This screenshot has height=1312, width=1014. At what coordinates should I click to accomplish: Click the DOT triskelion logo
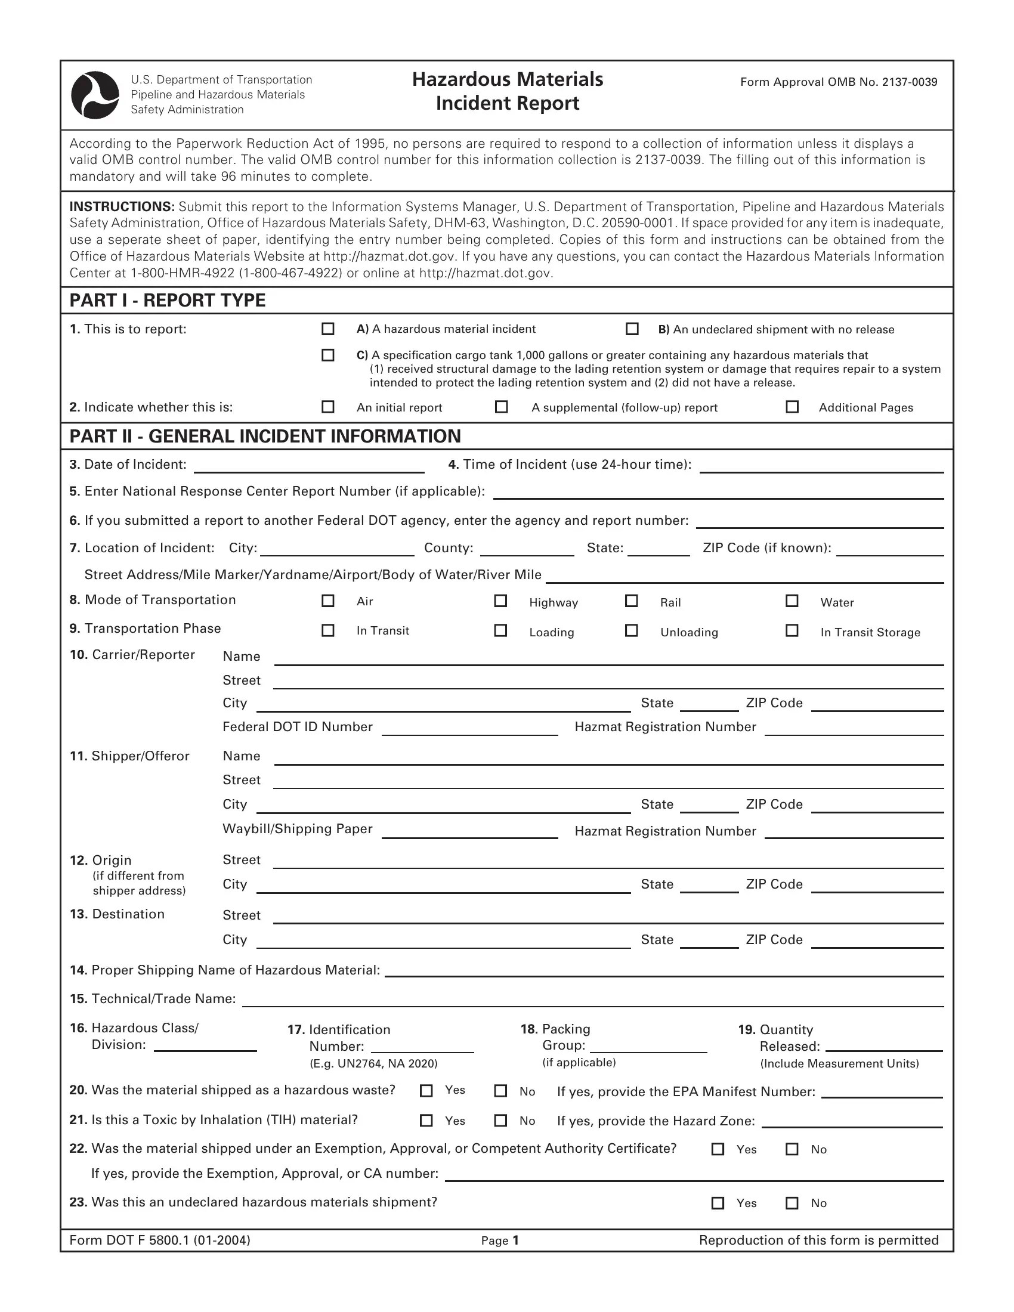(95, 95)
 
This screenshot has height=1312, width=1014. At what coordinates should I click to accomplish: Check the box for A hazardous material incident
(328, 329)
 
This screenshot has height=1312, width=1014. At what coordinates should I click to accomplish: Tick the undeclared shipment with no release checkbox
(632, 329)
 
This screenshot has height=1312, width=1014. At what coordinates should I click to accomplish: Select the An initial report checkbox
(328, 407)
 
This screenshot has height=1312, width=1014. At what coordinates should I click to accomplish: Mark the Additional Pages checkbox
(792, 407)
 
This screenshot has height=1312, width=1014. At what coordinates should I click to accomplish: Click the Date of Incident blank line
(309, 466)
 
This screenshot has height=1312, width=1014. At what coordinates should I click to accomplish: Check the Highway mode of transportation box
(500, 601)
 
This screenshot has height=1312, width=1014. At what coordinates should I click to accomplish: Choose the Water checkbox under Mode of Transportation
(792, 601)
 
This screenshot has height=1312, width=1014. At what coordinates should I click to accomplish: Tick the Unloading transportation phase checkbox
(631, 630)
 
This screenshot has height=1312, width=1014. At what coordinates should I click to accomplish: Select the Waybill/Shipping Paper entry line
(470, 831)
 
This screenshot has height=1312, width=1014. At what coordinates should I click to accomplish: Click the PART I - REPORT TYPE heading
(168, 301)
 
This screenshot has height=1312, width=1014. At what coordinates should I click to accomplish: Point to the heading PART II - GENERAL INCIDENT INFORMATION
(265, 436)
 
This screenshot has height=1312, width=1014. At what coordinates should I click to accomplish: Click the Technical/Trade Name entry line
(592, 1000)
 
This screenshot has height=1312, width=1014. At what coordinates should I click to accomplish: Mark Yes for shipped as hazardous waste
(426, 1090)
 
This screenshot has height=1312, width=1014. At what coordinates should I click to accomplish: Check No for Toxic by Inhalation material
(500, 1121)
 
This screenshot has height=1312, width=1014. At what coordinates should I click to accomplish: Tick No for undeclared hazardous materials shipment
(792, 1203)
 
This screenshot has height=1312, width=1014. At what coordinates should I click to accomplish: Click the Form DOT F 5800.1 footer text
(160, 1240)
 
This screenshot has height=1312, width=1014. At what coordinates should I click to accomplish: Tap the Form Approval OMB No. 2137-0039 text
(838, 82)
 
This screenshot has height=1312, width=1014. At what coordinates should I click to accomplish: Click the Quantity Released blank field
(883, 1046)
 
